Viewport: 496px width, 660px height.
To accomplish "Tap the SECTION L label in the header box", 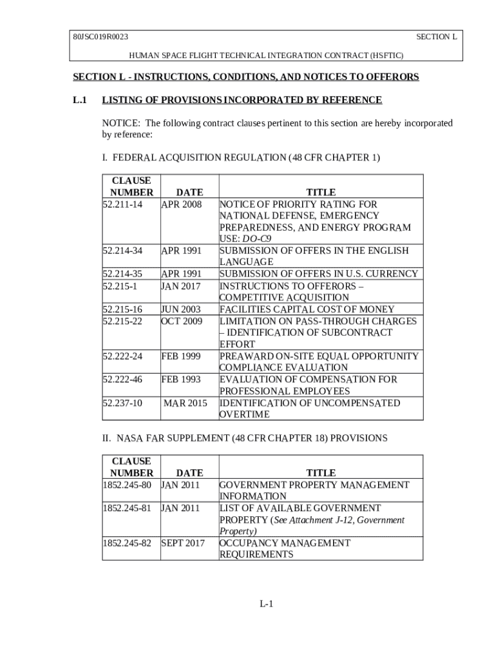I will click(436, 37).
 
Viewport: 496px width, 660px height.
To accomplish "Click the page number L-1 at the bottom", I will click(267, 604).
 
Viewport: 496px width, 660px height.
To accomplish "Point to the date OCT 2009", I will click(182, 321).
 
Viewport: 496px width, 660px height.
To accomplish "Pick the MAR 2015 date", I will click(186, 403).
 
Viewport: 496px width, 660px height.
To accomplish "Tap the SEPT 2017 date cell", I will click(183, 543).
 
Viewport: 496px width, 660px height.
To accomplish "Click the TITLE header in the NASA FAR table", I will click(321, 473).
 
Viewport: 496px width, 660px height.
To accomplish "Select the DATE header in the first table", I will click(189, 192).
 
